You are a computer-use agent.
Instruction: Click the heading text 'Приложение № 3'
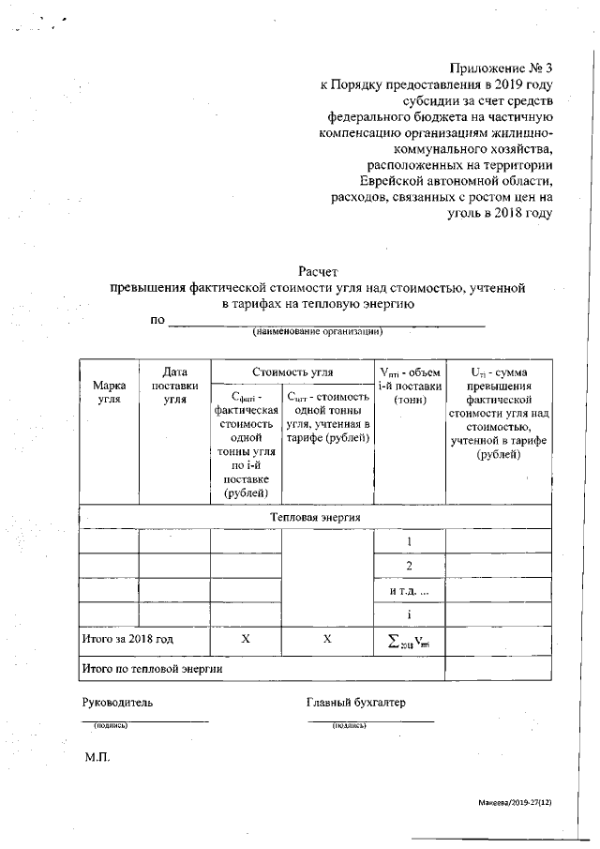tap(501, 68)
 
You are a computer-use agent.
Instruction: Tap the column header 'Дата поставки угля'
tap(174, 387)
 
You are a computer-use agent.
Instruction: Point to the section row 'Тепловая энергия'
tap(315, 517)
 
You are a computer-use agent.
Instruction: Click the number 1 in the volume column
tap(409, 542)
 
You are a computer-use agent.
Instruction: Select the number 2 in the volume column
tap(409, 567)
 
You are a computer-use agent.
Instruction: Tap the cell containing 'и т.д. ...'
tap(409, 591)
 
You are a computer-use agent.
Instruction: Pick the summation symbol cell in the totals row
tap(409, 640)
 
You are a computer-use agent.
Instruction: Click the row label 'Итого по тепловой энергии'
tap(151, 668)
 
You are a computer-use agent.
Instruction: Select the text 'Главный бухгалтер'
tap(356, 703)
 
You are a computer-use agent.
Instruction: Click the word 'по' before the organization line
tap(157, 320)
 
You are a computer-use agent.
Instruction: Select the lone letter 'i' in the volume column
tap(409, 614)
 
